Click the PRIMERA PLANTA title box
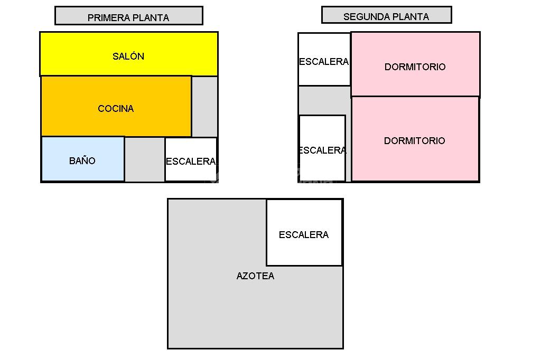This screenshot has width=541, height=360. click(x=128, y=16)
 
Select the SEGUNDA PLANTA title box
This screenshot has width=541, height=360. click(x=386, y=15)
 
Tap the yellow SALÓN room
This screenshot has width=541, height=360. click(x=128, y=54)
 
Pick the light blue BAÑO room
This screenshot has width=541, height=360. click(x=82, y=159)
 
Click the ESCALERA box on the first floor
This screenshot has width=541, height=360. click(x=190, y=159)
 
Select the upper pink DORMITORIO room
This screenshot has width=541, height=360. click(x=415, y=64)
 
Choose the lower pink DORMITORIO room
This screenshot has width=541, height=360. click(x=415, y=139)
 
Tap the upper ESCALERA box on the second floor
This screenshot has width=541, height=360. click(x=324, y=59)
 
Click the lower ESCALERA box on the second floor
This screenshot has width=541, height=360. click(x=322, y=148)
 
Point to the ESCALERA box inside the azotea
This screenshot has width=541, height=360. click(x=304, y=233)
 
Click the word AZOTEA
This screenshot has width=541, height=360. click(x=255, y=276)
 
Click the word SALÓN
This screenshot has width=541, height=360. click(x=128, y=56)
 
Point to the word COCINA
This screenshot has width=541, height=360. click(x=116, y=109)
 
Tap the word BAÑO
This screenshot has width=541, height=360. click(x=82, y=161)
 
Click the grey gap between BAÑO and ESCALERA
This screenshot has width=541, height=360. click(x=144, y=159)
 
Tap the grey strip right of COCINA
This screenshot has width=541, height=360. click(x=204, y=106)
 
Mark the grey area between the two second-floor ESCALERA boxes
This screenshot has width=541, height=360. click(x=323, y=100)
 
